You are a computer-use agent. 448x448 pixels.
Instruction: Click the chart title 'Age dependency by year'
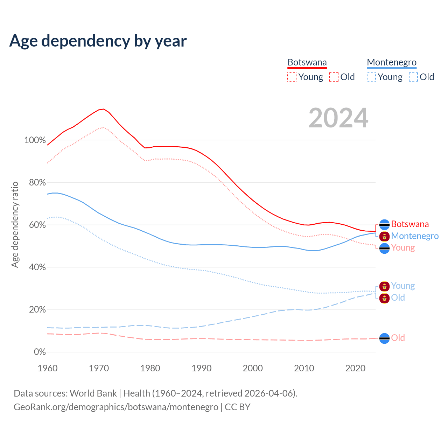click(98, 41)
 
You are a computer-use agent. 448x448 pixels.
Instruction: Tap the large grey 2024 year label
click(338, 118)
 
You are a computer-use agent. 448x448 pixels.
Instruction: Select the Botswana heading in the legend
click(307, 62)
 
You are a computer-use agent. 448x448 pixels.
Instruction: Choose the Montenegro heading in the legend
click(392, 62)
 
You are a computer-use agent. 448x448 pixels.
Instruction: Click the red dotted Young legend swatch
click(292, 77)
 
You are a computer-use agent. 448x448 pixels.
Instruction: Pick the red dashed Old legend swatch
click(334, 77)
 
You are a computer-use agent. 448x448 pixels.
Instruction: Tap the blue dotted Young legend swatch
click(371, 77)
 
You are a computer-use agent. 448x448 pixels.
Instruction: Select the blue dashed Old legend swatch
click(413, 77)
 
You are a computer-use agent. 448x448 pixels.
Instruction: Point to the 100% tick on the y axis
click(35, 140)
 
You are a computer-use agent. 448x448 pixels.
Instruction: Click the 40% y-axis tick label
click(37, 267)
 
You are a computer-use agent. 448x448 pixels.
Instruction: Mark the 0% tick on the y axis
click(40, 352)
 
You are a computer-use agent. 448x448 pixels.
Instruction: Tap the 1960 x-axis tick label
click(48, 368)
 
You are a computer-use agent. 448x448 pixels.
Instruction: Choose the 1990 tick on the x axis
click(202, 368)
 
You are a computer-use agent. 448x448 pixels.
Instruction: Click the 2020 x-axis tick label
click(355, 368)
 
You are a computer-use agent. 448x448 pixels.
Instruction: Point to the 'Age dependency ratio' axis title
click(15, 224)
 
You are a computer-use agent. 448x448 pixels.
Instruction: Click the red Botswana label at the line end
click(410, 224)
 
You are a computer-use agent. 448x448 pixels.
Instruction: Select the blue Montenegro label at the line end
click(415, 236)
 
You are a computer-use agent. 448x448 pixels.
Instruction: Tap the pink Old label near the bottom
click(398, 338)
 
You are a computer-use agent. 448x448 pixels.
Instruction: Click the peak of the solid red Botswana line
click(103, 109)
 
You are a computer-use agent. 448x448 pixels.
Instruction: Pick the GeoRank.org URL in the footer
click(116, 407)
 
